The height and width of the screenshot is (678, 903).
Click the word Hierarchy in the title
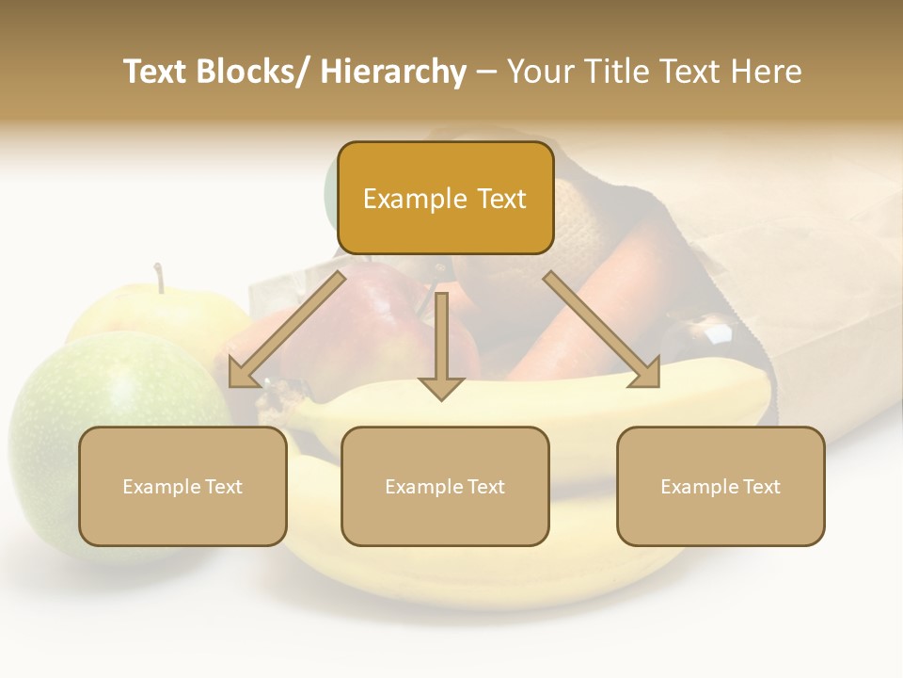[x=393, y=72]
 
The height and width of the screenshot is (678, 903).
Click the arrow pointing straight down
[x=441, y=348]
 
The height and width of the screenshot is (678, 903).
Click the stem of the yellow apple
[x=160, y=278]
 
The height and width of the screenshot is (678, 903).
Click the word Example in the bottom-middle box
[x=420, y=487]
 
